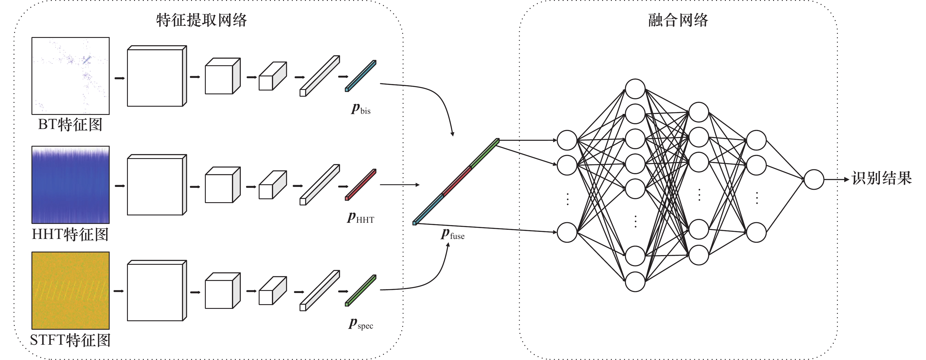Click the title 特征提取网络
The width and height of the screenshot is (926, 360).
click(x=201, y=20)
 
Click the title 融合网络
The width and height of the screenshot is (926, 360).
click(x=678, y=20)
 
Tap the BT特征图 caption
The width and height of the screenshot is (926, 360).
click(x=71, y=125)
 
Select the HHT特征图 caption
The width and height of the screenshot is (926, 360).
click(x=71, y=234)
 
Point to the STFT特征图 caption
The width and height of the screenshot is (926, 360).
click(x=71, y=340)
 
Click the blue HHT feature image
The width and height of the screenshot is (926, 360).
click(x=71, y=185)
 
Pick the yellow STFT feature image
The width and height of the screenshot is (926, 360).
click(x=71, y=290)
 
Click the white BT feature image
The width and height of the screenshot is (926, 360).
click(x=71, y=76)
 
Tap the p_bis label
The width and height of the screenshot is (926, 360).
click(x=360, y=108)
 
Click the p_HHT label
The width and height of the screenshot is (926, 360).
click(x=360, y=217)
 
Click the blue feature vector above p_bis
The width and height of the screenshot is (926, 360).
click(x=360, y=76)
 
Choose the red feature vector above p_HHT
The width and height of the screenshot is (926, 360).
click(x=360, y=185)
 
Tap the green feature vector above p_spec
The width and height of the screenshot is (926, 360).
click(x=360, y=290)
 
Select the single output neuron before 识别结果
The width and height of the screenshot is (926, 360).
click(x=813, y=179)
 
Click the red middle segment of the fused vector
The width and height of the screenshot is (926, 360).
click(x=457, y=181)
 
